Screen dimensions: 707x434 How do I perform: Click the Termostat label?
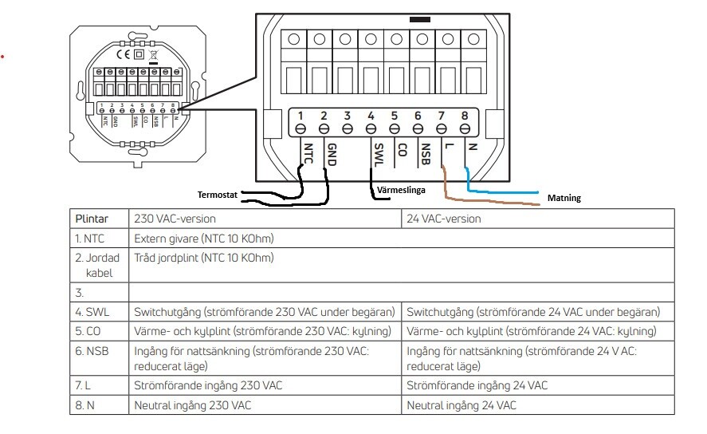[218, 195]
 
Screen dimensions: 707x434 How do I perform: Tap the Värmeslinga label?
[401, 190]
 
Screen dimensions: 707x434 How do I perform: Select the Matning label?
[564, 198]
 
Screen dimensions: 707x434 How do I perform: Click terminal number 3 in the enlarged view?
[348, 116]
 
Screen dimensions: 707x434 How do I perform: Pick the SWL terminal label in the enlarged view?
[379, 154]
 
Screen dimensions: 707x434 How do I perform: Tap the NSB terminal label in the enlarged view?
[425, 154]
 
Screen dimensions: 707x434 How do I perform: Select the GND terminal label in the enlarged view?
[332, 154]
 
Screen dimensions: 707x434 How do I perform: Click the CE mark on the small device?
[123, 54]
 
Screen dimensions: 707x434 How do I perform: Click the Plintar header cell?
[92, 219]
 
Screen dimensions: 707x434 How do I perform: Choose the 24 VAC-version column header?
[444, 219]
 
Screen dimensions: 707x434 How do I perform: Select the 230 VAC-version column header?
[175, 219]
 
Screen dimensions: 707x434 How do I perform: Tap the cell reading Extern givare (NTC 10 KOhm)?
[204, 239]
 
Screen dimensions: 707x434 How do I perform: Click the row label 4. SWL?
[92, 312]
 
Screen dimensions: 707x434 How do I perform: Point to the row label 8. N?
[84, 405]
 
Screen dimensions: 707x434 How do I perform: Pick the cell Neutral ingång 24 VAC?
[462, 405]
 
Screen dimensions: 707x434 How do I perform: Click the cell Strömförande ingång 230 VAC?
[208, 385]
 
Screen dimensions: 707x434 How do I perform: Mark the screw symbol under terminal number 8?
[465, 129]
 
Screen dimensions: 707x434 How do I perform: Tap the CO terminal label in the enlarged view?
[403, 150]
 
